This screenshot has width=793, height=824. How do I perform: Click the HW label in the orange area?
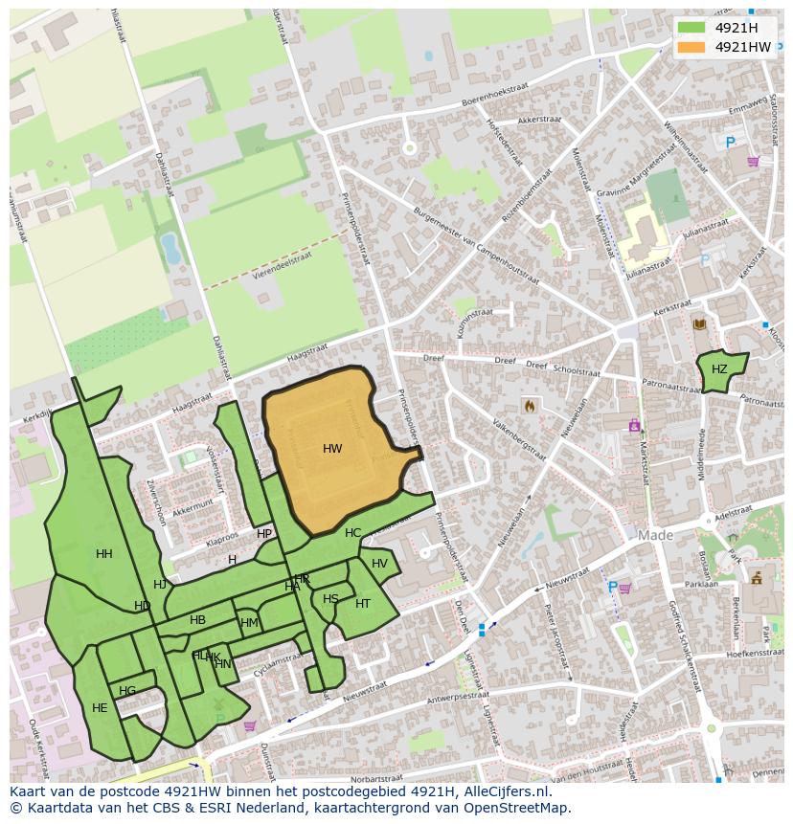(x=332, y=449)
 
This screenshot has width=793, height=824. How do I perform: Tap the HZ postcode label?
(x=719, y=369)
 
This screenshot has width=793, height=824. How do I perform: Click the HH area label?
(x=103, y=554)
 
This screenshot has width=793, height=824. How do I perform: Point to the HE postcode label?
(x=100, y=708)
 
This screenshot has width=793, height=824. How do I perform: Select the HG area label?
(x=127, y=691)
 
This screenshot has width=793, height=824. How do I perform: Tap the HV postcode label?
(x=379, y=564)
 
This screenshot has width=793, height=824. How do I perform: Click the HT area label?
(x=362, y=604)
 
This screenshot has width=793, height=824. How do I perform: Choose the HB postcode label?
(x=197, y=620)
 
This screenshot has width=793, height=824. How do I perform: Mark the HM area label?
(x=249, y=623)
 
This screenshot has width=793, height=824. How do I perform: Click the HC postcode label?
(x=352, y=533)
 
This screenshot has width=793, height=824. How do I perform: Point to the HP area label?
(x=264, y=534)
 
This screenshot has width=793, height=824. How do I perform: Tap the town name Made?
(x=656, y=536)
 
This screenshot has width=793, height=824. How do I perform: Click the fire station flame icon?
(x=529, y=406)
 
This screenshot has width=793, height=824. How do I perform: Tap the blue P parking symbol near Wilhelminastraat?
(x=731, y=143)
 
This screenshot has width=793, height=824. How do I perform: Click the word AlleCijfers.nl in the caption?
(x=504, y=791)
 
